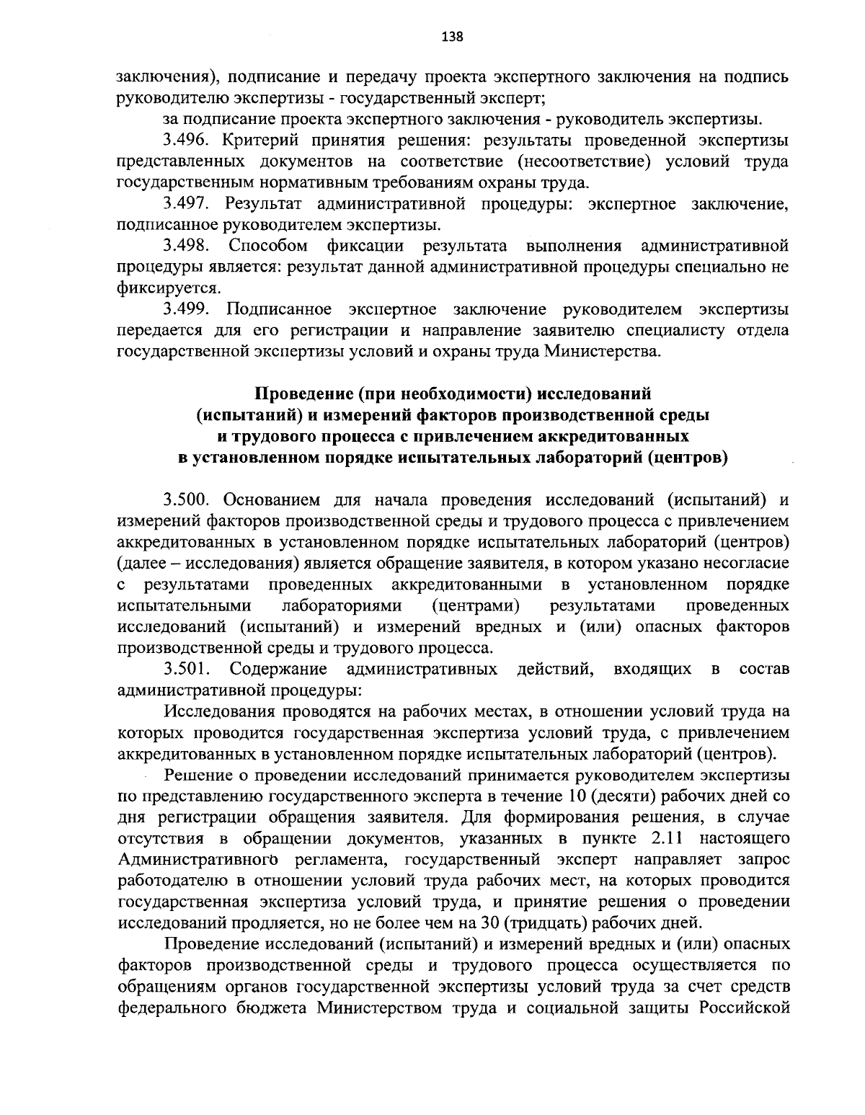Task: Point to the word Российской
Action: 744,1008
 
